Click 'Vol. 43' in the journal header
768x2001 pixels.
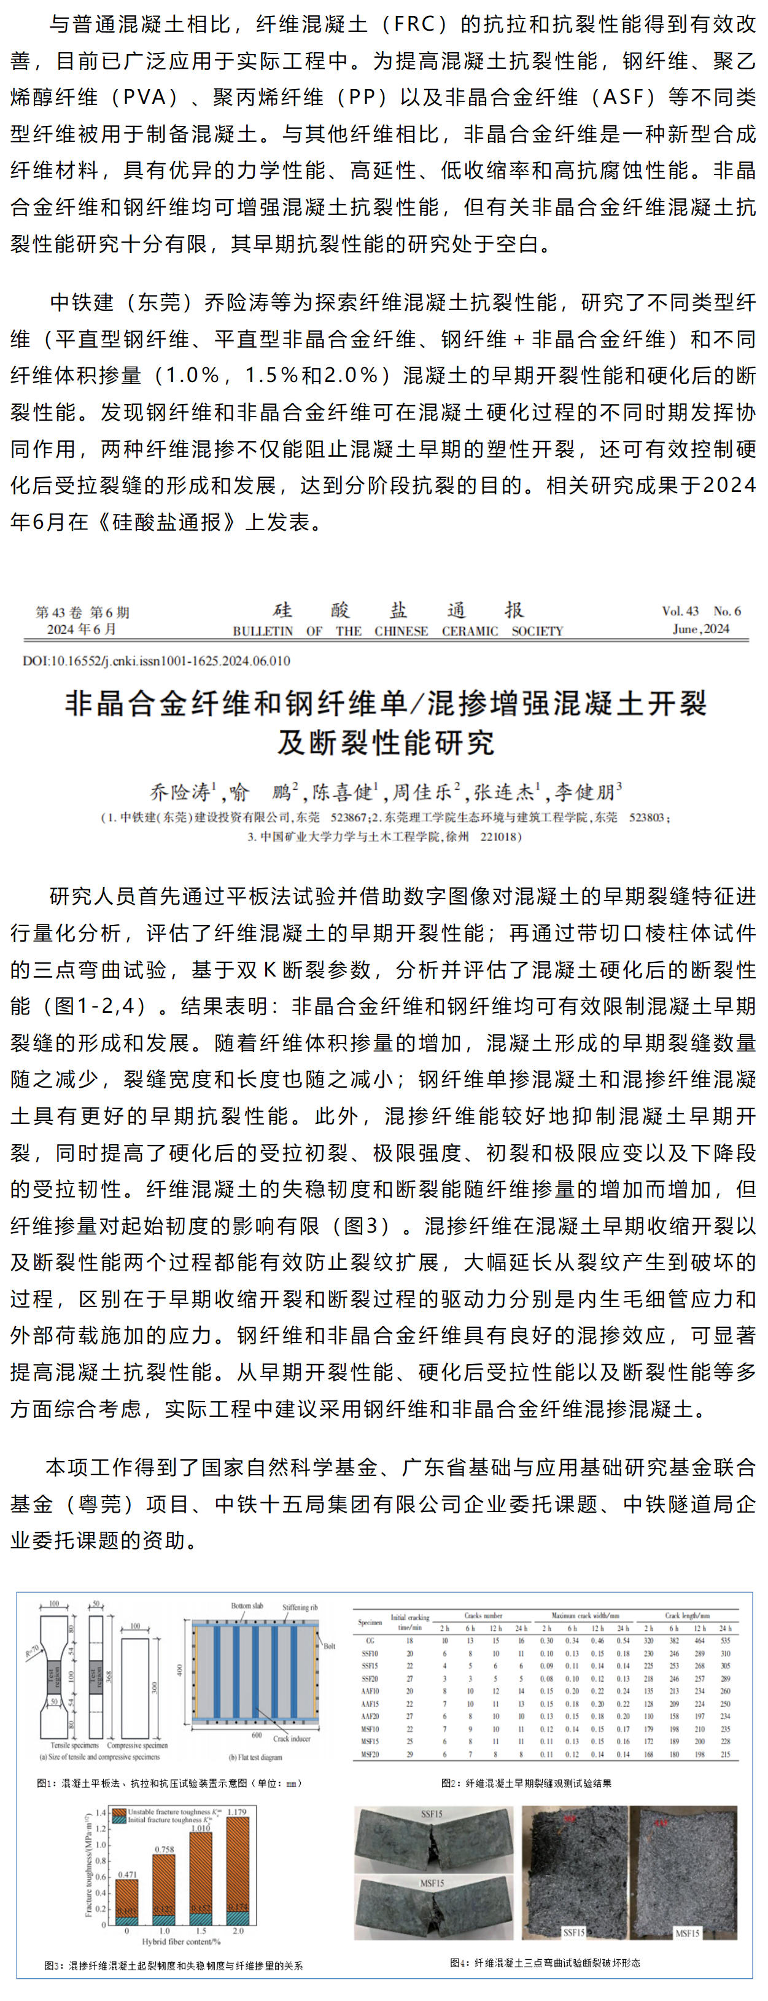[680, 610]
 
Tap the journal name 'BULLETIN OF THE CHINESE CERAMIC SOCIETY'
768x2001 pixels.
[398, 631]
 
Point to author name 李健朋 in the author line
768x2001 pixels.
[588, 792]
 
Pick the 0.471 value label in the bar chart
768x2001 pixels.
[126, 1874]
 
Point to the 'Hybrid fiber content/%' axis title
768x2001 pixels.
[181, 1941]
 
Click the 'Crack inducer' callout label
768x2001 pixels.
[291, 1739]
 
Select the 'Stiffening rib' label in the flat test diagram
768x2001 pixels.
[300, 1607]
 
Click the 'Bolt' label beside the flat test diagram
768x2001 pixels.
[329, 1646]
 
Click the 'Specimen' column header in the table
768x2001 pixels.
[370, 1622]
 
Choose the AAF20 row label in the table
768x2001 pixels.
[370, 1716]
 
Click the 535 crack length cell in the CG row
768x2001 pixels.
[724, 1640]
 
